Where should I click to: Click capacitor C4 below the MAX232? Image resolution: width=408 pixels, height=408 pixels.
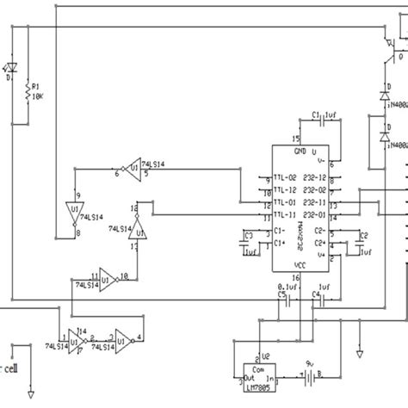(316, 300)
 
